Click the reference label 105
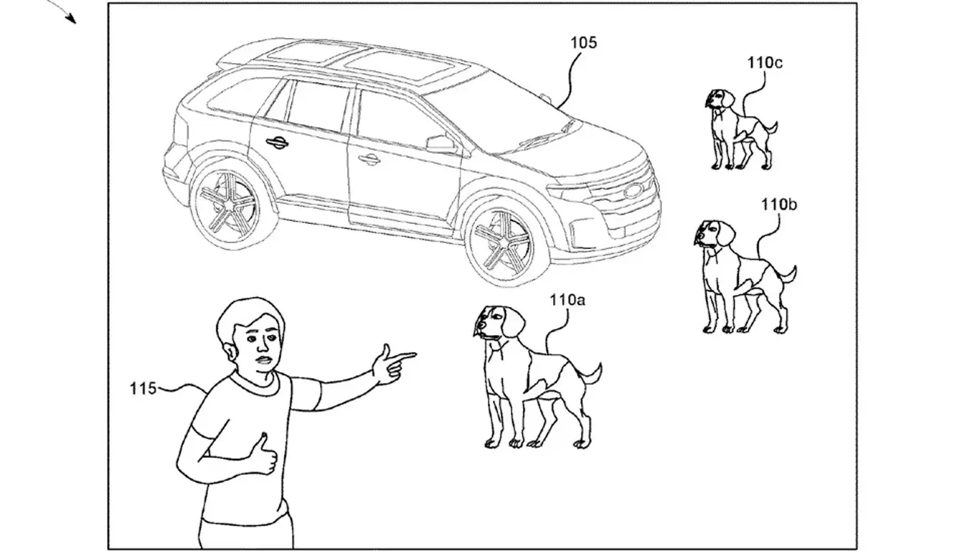583,42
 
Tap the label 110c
765,63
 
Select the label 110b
779,204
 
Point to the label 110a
567,300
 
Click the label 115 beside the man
143,388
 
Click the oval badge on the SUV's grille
632,190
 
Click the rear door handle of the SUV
277,141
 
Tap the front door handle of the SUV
369,159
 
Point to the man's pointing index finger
402,357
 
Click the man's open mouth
264,360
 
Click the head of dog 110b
714,235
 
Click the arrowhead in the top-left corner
71,19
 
